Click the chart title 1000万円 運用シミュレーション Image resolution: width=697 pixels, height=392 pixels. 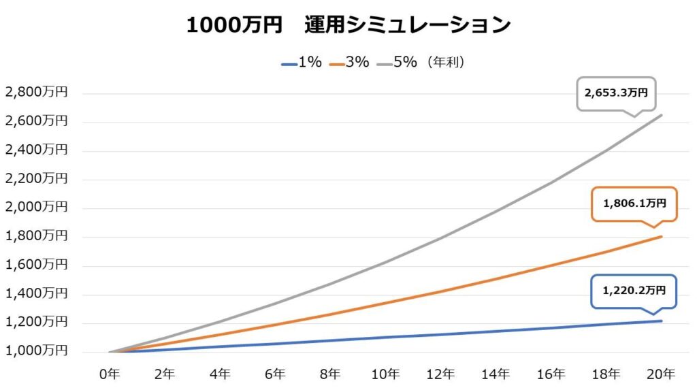348,25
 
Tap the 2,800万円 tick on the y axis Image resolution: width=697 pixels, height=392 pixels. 36,93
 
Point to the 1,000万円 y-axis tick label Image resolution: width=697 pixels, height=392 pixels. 36,351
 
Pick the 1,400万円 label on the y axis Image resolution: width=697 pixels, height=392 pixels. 36,294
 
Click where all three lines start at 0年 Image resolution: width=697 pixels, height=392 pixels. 110,352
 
